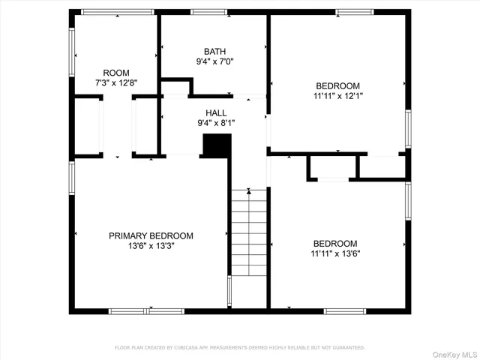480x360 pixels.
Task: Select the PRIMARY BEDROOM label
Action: (x=151, y=235)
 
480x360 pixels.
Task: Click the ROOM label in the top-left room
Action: (x=116, y=73)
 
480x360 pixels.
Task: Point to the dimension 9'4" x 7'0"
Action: (x=214, y=62)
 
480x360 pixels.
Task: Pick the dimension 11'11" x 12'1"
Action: (x=337, y=96)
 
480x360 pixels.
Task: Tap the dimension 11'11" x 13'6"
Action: (x=335, y=253)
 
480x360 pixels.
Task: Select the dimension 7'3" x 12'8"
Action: (x=116, y=83)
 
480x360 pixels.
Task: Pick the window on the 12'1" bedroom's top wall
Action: (x=354, y=12)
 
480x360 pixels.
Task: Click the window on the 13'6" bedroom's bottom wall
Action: (x=346, y=310)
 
